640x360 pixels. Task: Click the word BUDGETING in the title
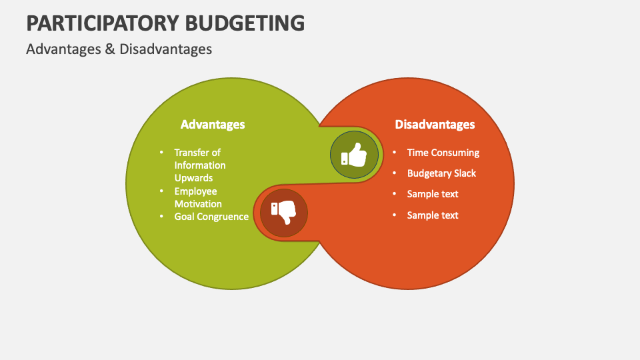click(x=248, y=23)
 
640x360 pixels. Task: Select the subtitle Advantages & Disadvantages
click(x=119, y=49)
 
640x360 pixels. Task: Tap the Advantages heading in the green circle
click(x=213, y=125)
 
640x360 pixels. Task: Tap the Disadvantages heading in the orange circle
click(x=435, y=125)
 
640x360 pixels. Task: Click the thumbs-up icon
click(x=355, y=156)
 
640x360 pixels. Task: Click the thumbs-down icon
click(x=283, y=213)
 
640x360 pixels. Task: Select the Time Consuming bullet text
click(x=443, y=153)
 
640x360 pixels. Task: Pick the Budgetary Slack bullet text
click(x=441, y=173)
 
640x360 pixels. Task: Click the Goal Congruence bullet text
click(x=211, y=217)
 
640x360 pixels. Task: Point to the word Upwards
click(x=193, y=178)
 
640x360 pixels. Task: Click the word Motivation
click(x=198, y=204)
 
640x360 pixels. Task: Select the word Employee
click(x=195, y=191)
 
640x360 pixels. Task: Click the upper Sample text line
click(x=433, y=194)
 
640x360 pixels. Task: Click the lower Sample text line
click(x=433, y=215)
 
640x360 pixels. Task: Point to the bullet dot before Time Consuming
click(x=394, y=152)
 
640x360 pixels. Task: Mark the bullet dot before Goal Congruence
click(x=161, y=216)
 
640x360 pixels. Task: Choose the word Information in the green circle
click(x=200, y=165)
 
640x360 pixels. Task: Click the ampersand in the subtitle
click(x=110, y=49)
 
